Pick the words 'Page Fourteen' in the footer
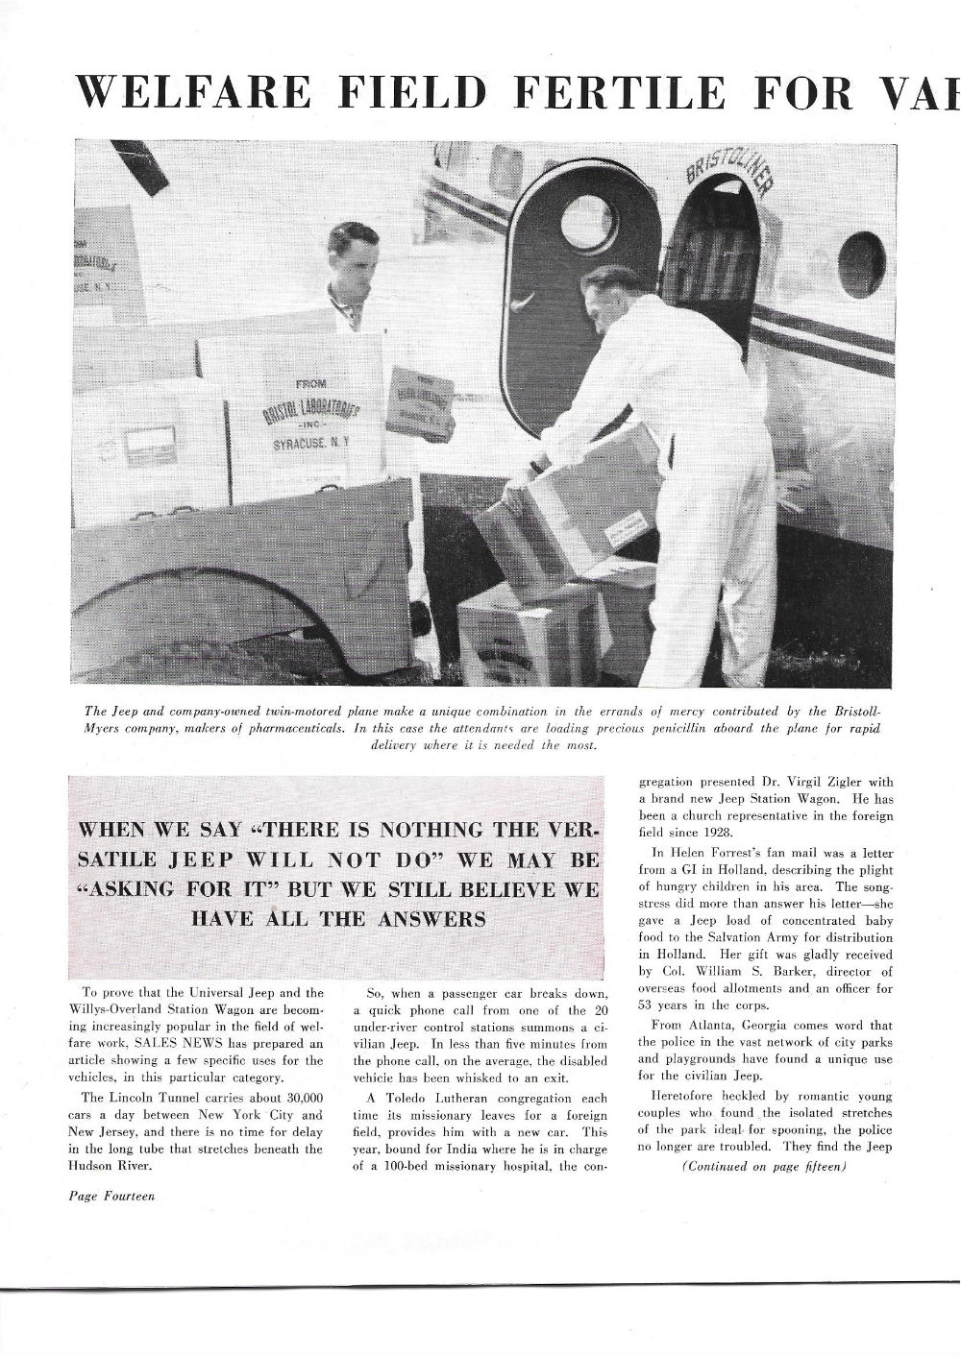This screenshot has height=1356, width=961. coord(111,1196)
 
